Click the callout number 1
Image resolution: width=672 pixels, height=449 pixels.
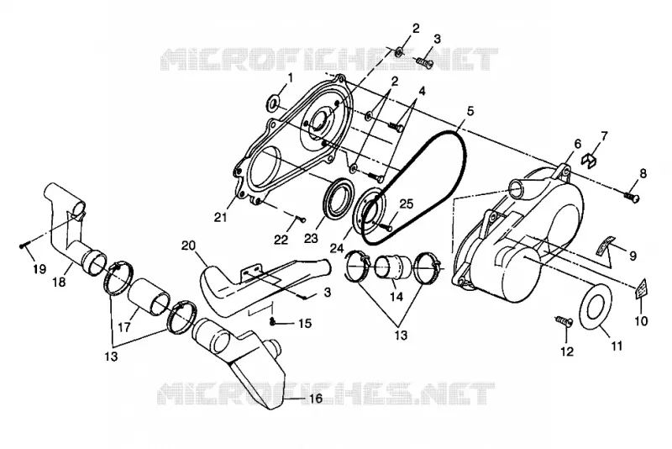click(291, 77)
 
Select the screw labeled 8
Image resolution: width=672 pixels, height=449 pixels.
click(633, 198)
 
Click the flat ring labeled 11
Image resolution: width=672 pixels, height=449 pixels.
click(596, 309)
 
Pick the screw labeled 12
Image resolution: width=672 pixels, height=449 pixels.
click(563, 322)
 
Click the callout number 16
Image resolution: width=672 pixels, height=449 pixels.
click(316, 399)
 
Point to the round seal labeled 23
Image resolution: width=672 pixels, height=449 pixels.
click(339, 198)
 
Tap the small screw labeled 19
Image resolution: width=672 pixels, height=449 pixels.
click(24, 246)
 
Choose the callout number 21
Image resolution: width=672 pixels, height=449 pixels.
click(220, 218)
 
